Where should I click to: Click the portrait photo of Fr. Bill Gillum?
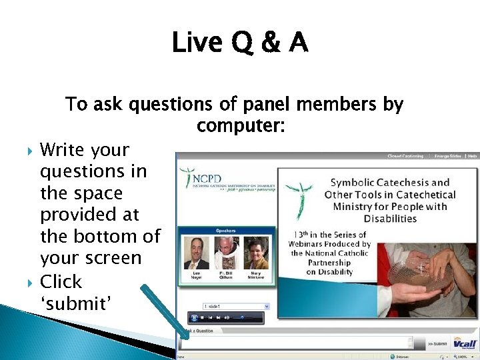tap(227, 253)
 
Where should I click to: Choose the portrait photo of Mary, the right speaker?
tap(256, 253)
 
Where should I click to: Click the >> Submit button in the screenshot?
tap(438, 343)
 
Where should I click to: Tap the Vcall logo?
tap(465, 343)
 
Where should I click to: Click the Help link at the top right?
tap(472, 156)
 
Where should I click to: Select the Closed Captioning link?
tap(406, 156)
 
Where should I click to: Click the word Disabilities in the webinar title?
tap(390, 218)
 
